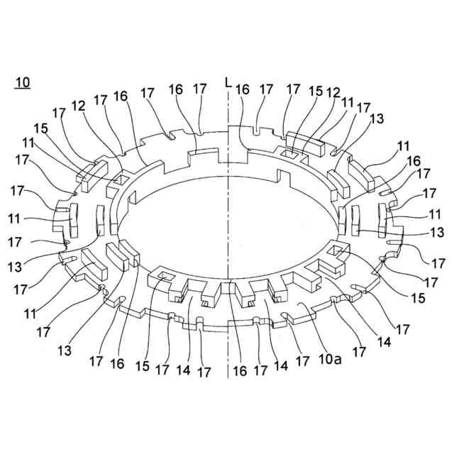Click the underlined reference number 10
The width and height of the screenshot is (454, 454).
pyautogui.click(x=22, y=82)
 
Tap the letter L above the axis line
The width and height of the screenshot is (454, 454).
pyautogui.click(x=227, y=83)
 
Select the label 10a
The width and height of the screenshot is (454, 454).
pyautogui.click(x=328, y=360)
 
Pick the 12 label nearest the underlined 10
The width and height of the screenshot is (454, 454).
pyautogui.click(x=78, y=105)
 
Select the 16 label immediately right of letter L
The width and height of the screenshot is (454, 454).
pyautogui.click(x=243, y=89)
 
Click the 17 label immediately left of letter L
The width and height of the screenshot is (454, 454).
pyautogui.click(x=200, y=89)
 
